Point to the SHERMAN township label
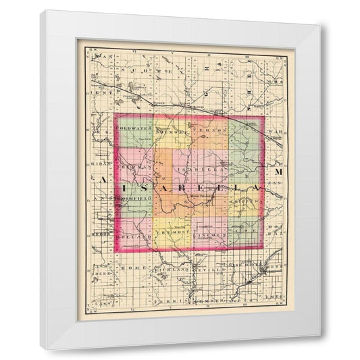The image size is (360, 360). [133, 166]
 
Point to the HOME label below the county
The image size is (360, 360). [128, 267]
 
